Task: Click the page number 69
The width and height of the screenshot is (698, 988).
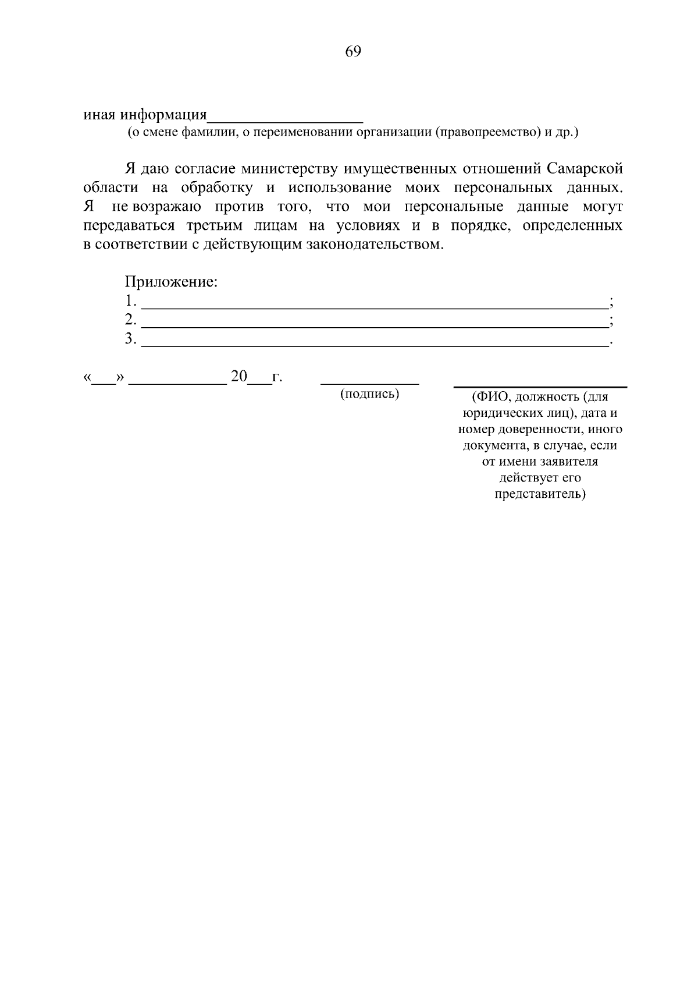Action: [x=353, y=52]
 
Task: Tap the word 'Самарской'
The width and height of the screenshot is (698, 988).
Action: [x=585, y=169]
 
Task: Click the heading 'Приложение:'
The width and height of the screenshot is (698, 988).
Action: [x=171, y=282]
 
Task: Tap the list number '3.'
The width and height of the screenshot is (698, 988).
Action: [x=130, y=339]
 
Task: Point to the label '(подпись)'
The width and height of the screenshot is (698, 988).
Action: [x=370, y=394]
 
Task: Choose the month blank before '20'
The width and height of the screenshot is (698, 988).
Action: [x=177, y=384]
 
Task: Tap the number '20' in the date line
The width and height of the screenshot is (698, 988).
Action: [x=239, y=377]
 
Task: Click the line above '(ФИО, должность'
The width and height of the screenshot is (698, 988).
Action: [x=540, y=387]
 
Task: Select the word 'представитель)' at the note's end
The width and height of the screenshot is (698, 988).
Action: [x=540, y=494]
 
